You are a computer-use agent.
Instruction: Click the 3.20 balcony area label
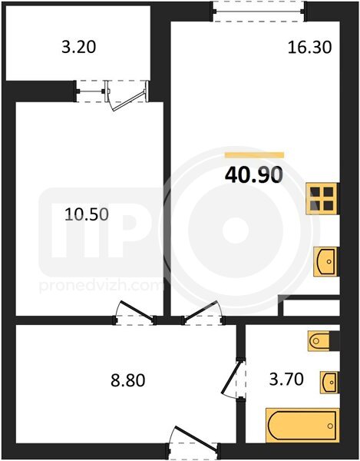(79, 47)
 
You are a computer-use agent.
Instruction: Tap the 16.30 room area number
(309, 47)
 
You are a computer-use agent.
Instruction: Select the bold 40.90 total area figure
(254, 174)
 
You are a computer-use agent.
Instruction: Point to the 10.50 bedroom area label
(87, 214)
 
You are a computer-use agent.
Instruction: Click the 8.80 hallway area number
(127, 380)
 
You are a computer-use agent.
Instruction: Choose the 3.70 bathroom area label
(286, 379)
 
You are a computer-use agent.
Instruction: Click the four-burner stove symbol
(322, 199)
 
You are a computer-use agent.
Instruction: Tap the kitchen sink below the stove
(325, 261)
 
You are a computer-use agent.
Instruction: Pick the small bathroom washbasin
(329, 382)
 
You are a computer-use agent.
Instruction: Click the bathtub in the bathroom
(302, 425)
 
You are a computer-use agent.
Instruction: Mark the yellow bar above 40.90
(254, 155)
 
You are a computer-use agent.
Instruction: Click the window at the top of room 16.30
(259, 12)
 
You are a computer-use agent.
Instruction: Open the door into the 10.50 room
(135, 313)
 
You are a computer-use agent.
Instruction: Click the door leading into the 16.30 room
(203, 313)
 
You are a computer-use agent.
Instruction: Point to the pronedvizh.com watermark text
(101, 287)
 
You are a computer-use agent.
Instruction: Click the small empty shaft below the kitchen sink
(311, 308)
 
